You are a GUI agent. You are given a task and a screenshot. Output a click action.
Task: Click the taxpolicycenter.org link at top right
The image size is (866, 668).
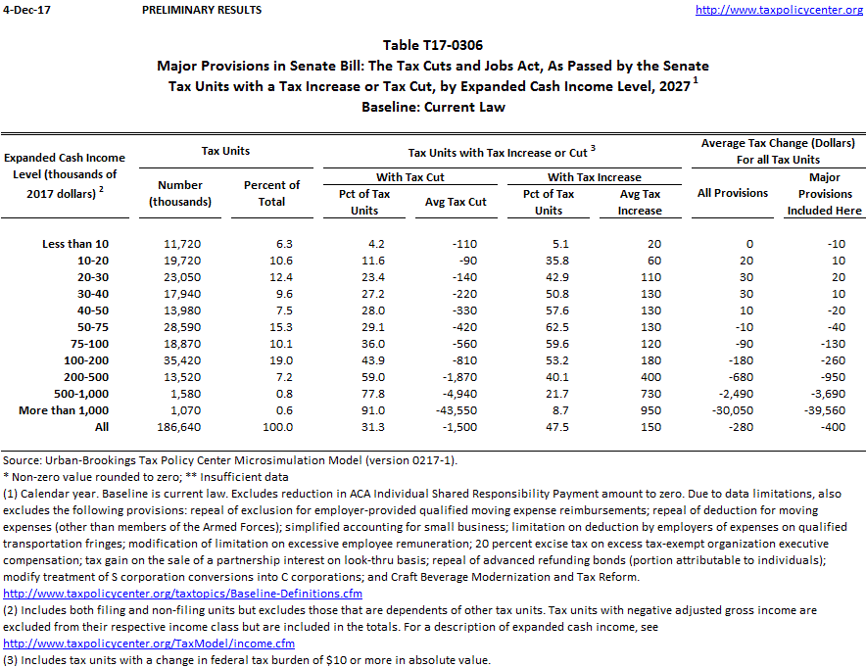779,10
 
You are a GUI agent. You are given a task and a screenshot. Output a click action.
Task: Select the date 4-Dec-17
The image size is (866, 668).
24,10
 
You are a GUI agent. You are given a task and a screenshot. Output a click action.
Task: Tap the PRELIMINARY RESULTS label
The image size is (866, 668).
202,10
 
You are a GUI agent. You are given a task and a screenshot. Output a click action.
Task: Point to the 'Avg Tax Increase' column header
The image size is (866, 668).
640,202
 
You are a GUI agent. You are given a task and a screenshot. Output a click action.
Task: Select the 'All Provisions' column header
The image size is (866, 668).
732,193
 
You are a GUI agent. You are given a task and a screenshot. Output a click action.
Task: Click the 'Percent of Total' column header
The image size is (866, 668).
271,193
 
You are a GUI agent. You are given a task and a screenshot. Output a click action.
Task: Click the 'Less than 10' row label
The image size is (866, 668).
75,244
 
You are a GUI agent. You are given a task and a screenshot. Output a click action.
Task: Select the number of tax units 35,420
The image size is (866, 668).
179,360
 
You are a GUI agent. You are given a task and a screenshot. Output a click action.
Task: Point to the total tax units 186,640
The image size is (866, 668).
179,427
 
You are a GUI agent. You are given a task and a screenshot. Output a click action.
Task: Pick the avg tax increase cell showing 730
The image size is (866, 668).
640,394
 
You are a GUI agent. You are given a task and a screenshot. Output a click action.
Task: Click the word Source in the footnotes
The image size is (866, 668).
23,460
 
